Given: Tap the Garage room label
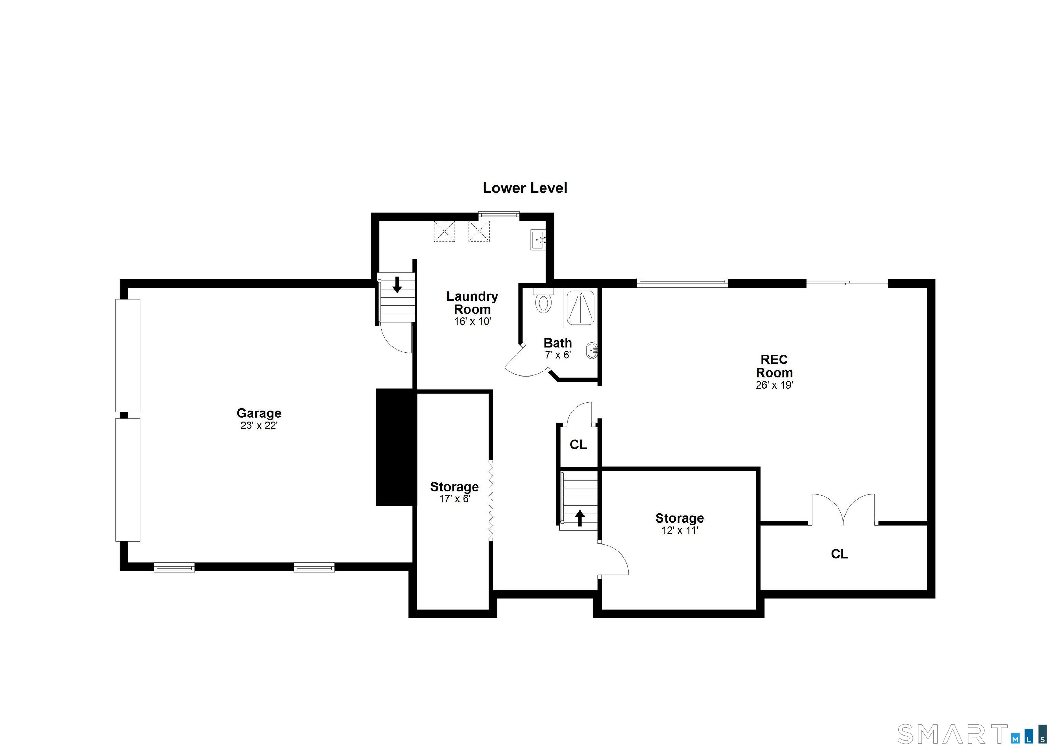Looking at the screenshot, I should pos(259,413).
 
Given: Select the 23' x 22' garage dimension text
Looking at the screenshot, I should pos(259,426).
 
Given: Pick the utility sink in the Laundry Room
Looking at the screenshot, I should pos(538,240).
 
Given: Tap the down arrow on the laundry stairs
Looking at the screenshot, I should pos(397,285).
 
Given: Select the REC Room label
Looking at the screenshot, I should pos(774,366).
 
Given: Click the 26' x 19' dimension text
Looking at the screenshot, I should pos(774,385).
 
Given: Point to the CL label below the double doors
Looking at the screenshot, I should pos(839,554).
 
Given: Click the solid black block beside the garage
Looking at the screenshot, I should pos(394,447).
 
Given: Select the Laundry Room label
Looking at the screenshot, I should pos(472,303).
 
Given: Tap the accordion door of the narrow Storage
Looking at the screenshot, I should pos(491,501).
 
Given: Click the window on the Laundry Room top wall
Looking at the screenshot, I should pos(499,216).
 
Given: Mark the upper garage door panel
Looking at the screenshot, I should pos(128,355).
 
